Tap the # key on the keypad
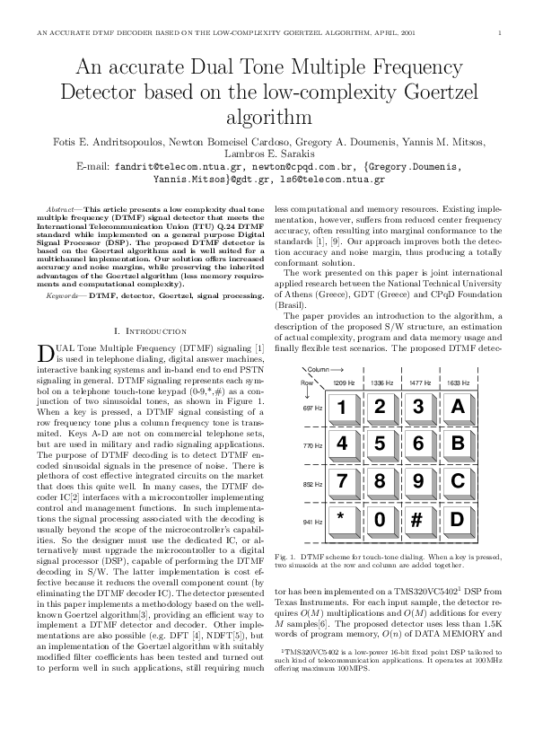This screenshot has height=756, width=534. (418, 518)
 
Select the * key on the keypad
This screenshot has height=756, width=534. (341, 518)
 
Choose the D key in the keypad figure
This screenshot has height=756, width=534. (458, 518)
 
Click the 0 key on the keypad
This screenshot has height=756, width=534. (381, 518)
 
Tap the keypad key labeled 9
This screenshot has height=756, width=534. (418, 480)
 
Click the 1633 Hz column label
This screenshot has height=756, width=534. (459, 382)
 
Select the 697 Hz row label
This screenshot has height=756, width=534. (311, 408)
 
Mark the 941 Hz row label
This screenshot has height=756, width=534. (311, 522)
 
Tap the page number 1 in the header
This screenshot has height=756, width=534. (498, 33)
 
